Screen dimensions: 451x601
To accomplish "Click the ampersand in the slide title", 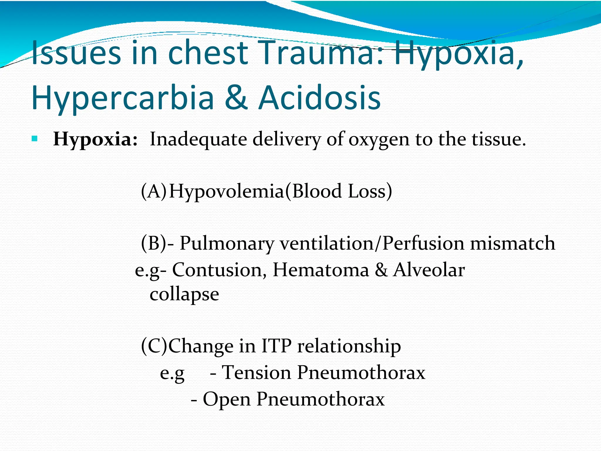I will click(236, 97).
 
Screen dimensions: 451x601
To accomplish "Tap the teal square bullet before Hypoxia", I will click(34, 138).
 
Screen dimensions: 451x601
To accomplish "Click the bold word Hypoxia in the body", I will click(95, 139).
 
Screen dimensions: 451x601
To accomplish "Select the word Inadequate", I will click(198, 139).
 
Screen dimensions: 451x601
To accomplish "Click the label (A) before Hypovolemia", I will click(153, 191).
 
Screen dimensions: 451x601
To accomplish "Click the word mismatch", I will click(512, 243).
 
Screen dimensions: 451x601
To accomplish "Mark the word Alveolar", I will click(429, 270).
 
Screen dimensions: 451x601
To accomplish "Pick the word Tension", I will click(256, 373).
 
